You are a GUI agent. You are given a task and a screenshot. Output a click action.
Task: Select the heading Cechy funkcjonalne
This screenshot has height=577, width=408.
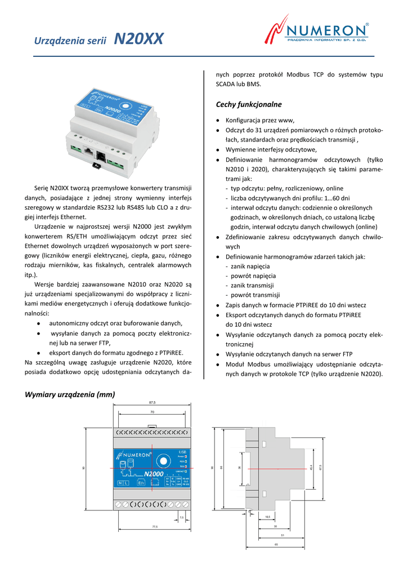pos(249,105)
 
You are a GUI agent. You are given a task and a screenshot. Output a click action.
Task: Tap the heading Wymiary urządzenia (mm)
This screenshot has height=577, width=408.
pos(70,394)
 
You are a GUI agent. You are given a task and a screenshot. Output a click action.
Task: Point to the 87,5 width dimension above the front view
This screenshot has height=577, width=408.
pos(152,403)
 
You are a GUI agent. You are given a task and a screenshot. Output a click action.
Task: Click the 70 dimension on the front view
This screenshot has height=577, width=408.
pos(152,412)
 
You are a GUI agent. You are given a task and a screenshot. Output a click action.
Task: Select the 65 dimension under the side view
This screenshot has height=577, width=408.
pos(276,544)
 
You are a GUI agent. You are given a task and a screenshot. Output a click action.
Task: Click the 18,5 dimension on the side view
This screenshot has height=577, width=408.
pos(267,516)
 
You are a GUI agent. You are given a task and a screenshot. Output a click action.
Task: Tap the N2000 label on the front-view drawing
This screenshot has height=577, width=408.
pos(153,474)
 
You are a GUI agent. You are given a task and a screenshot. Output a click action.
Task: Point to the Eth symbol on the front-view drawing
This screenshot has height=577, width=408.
pos(141,483)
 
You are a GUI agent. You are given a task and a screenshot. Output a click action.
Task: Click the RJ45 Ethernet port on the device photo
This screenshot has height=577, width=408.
pos(88,151)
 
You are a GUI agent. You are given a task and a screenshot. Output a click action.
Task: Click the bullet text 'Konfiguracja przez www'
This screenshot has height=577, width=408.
pos(260,121)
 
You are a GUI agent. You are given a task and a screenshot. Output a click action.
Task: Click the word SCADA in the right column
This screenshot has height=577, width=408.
pos(226,84)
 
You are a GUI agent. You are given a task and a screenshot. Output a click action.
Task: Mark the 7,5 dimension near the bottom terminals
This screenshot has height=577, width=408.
pos(182,517)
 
